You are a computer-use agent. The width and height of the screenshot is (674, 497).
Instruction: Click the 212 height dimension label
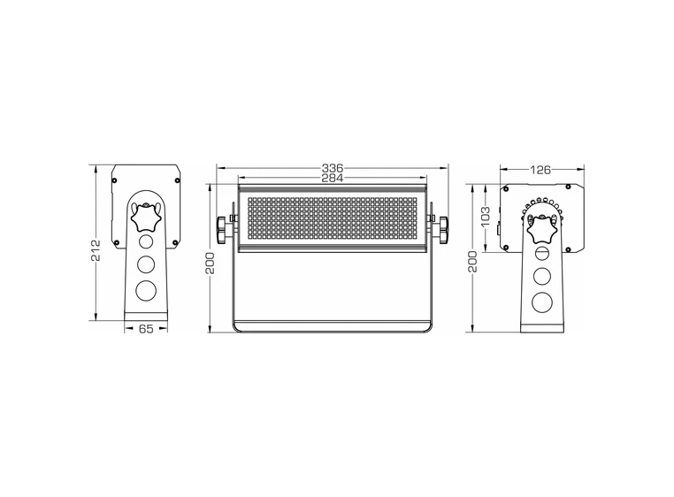click(96, 250)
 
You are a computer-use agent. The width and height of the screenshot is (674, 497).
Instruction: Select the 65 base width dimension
click(146, 329)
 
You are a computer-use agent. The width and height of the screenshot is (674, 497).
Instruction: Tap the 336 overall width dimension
click(333, 167)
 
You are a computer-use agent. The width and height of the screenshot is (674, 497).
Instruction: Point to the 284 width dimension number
click(333, 178)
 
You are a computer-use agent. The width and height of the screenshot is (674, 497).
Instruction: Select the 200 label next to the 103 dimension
click(472, 262)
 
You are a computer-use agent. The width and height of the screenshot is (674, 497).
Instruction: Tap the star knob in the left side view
click(146, 216)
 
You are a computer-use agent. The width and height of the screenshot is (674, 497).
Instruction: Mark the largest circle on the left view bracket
click(146, 290)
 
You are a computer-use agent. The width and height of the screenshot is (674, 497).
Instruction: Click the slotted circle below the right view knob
click(541, 255)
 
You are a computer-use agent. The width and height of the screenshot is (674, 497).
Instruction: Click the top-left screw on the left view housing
click(115, 175)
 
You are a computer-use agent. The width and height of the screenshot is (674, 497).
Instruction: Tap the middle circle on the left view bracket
click(146, 263)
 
